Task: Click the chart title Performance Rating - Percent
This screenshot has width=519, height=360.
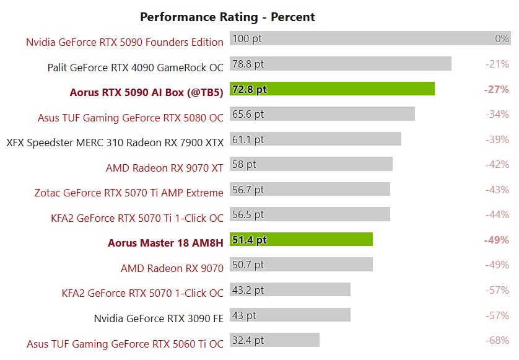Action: point(227,17)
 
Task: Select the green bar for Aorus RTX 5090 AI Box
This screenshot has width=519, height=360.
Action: point(332,89)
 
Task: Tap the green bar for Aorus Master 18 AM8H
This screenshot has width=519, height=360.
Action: point(301,240)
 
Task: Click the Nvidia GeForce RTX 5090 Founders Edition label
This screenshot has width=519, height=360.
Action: point(124,42)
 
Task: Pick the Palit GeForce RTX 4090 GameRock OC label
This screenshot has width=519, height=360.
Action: point(136,67)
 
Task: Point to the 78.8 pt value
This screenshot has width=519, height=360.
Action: point(248,64)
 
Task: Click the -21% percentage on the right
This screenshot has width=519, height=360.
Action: point(497,64)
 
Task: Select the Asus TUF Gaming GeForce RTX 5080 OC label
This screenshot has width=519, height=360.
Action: point(130,118)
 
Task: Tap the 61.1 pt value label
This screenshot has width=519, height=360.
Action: point(248,139)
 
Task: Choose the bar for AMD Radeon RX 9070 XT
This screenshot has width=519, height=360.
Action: point(311,164)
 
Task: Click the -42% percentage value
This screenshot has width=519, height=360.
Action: point(497,164)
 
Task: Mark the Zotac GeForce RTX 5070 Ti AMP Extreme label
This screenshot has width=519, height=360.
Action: point(129,193)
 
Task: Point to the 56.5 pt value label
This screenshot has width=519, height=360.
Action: point(248,214)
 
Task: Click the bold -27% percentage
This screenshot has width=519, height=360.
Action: point(496,89)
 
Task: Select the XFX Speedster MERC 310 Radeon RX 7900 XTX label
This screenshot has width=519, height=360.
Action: point(115,143)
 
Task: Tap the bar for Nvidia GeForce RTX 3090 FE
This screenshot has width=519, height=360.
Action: point(290,315)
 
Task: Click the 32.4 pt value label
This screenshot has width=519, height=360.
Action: point(248,340)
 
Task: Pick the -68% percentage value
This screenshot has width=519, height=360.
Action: point(497,340)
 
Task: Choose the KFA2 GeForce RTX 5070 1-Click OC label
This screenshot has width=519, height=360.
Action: point(142,293)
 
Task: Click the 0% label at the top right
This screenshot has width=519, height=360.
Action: point(502,38)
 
